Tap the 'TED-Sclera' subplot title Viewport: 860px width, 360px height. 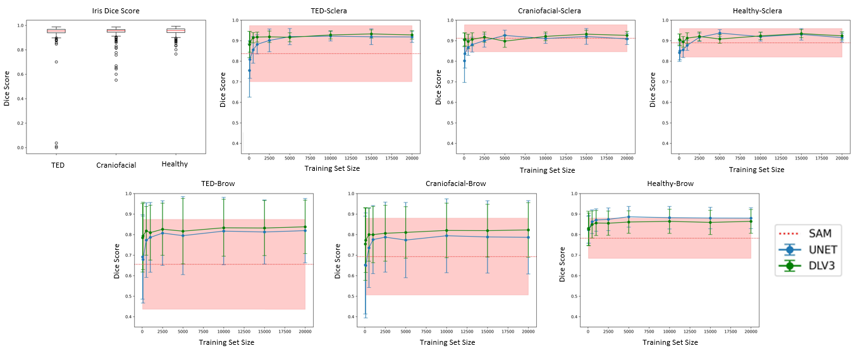329,11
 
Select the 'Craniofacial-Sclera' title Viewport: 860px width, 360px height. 544,11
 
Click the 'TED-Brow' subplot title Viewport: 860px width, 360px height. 223,184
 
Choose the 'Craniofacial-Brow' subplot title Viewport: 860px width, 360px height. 446,184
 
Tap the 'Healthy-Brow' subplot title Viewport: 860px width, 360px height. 670,184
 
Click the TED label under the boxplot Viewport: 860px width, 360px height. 56,164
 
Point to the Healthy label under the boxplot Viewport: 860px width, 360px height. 175,164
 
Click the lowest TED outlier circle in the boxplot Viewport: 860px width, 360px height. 56,148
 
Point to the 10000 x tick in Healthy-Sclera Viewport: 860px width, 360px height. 760,158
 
